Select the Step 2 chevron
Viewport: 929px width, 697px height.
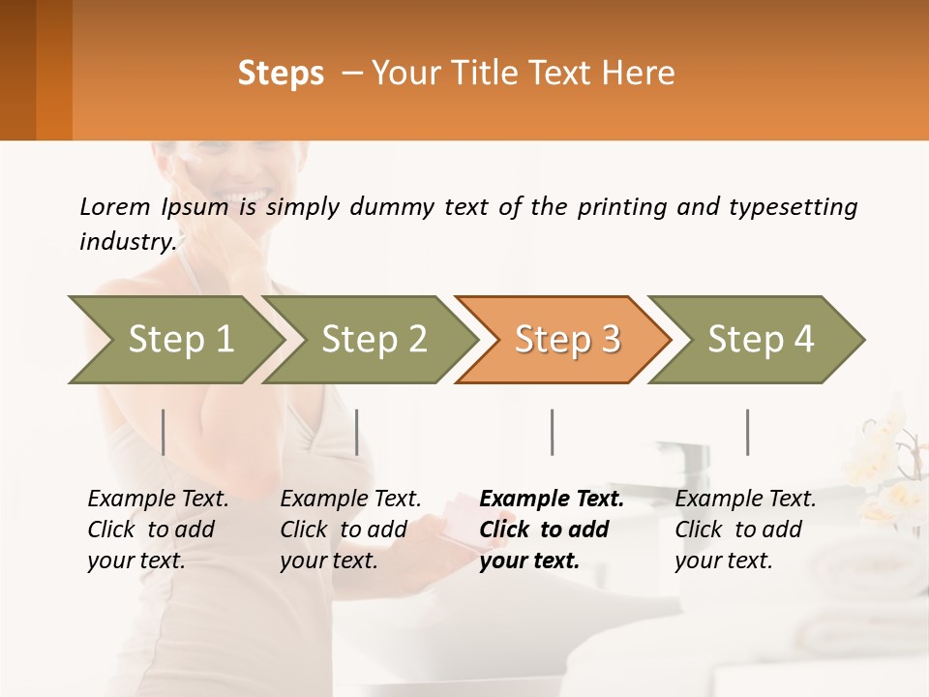click(373, 340)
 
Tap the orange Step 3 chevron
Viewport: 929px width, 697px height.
click(566, 340)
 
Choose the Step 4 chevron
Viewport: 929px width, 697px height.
click(760, 340)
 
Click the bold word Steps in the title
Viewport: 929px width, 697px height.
click(281, 74)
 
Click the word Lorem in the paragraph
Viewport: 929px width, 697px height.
click(114, 206)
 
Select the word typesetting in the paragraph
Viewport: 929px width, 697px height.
click(793, 207)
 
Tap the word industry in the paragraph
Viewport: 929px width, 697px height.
click(127, 242)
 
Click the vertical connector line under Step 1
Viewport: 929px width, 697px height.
click(164, 432)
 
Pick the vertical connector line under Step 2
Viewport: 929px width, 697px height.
click(357, 432)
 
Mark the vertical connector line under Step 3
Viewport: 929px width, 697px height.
click(553, 432)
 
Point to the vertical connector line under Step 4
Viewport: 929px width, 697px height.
click(748, 432)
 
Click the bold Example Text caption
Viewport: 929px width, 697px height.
click(552, 530)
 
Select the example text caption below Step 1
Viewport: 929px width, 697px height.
click(158, 530)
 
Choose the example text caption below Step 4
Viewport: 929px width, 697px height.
click(745, 530)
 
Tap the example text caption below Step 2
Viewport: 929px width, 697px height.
click(350, 530)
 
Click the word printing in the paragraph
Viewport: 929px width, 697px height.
click(623, 207)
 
